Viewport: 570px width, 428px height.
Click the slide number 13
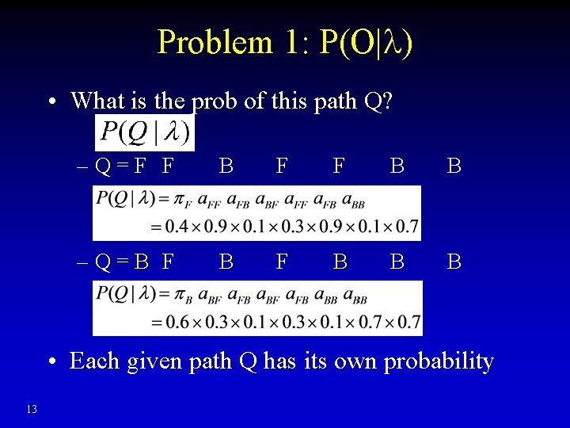pyautogui.click(x=32, y=409)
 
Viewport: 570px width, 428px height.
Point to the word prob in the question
pyautogui.click(x=214, y=102)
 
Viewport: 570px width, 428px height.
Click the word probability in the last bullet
pyautogui.click(x=439, y=361)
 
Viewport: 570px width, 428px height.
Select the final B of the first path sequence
pyautogui.click(x=454, y=166)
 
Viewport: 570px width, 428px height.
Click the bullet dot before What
pyautogui.click(x=51, y=102)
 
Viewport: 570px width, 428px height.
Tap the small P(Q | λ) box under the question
pyautogui.click(x=144, y=132)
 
